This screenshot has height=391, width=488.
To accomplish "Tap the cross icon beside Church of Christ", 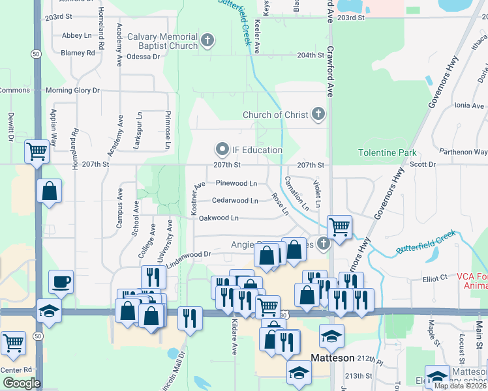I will click(x=318, y=115).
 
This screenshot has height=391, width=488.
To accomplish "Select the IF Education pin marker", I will click(x=222, y=150).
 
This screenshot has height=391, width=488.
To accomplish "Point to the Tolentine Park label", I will click(x=387, y=153).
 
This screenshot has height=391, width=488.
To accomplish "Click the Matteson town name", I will click(x=332, y=358).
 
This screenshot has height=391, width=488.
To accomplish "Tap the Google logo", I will click(x=21, y=383).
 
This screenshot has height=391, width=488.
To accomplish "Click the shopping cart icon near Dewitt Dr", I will click(x=37, y=151).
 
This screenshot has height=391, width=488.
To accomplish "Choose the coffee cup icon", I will click(x=61, y=282).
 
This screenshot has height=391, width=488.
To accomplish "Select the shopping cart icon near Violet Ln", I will click(x=339, y=226).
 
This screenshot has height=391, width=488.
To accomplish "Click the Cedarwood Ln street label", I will click(x=235, y=201).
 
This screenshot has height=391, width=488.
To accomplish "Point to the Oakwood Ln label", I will click(x=219, y=218).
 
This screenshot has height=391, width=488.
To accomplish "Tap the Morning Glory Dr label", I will click(x=72, y=90).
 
